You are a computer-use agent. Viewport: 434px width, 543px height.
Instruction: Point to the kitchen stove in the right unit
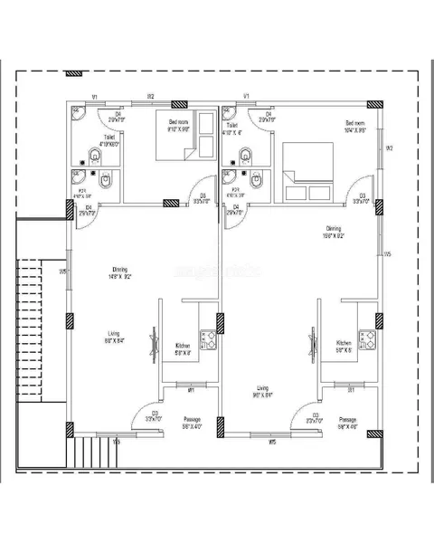point(367,340)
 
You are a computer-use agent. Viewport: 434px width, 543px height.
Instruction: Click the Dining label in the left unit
point(119,269)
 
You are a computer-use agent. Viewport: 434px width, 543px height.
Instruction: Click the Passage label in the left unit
point(191,419)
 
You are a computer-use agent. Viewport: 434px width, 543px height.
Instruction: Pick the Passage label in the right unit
point(348,419)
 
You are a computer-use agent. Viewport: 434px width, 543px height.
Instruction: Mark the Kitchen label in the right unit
point(344,343)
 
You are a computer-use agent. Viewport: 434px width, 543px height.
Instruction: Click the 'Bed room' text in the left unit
point(178,121)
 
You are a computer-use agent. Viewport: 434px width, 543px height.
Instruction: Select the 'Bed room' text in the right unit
point(354,122)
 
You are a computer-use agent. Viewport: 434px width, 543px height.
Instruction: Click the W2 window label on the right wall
point(389,148)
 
